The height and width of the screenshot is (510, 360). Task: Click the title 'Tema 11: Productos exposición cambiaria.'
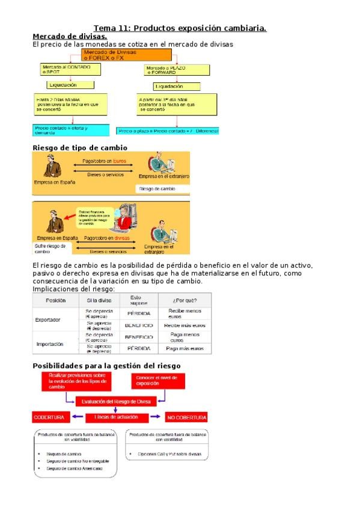[180, 28]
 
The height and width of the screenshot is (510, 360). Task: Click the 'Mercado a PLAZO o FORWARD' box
[168, 70]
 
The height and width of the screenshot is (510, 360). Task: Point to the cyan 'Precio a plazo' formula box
[168, 131]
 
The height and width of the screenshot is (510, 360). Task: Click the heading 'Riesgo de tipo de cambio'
[79, 147]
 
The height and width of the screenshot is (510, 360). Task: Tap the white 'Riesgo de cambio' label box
[162, 189]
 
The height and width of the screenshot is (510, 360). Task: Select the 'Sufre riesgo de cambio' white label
[51, 248]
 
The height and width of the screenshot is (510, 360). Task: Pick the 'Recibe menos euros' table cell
[184, 313]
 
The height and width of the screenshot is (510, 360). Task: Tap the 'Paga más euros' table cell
[185, 348]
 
